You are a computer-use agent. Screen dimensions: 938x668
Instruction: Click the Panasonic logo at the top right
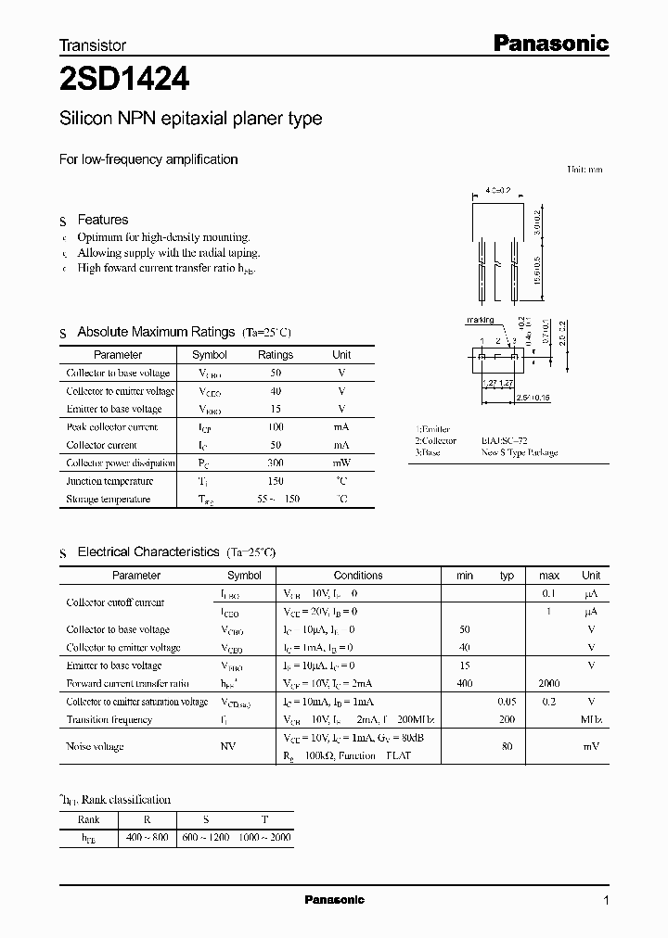point(549,43)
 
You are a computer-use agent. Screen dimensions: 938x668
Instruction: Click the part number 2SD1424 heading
point(124,81)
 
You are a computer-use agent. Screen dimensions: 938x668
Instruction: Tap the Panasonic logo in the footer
point(335,900)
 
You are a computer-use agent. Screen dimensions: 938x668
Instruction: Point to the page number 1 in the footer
point(606,901)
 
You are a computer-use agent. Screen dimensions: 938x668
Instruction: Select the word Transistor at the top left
point(93,44)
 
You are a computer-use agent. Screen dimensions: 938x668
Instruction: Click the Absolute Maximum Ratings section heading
point(156,332)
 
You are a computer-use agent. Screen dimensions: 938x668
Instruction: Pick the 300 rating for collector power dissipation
point(275,463)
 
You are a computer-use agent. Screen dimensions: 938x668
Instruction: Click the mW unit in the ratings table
point(341,463)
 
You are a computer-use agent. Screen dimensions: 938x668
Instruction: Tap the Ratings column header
point(275,355)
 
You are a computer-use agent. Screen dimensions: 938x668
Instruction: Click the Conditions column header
point(357,576)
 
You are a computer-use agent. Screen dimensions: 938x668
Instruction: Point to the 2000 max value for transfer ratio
point(549,683)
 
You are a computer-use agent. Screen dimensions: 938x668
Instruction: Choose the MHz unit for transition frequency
point(590,719)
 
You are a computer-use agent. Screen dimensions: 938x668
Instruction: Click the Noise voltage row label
point(95,746)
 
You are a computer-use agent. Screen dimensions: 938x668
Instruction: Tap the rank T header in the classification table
point(265,819)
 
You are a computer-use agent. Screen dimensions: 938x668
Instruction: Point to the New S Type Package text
point(520,453)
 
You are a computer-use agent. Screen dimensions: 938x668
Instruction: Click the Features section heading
point(103,220)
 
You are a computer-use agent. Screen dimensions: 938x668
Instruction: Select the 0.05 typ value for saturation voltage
point(507,702)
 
